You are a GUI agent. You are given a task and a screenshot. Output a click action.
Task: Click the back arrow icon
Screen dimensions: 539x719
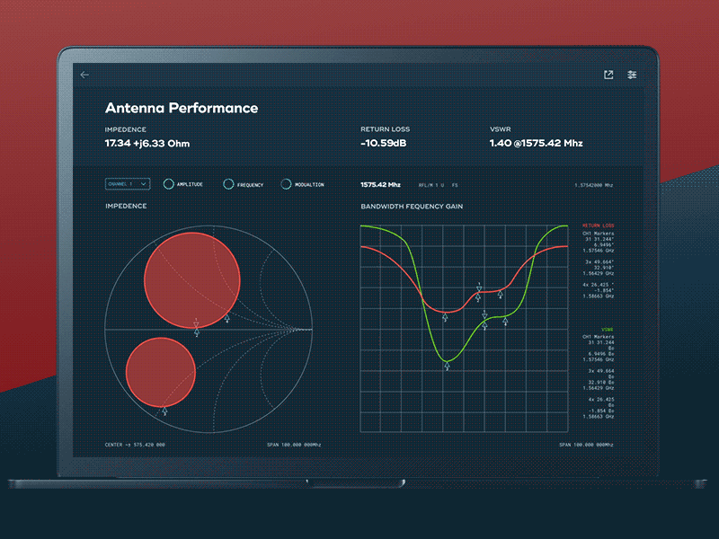pyautogui.click(x=84, y=75)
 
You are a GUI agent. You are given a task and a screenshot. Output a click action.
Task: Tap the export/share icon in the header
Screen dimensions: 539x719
pyautogui.click(x=608, y=75)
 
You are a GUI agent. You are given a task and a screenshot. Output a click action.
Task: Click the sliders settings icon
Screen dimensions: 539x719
pyautogui.click(x=632, y=75)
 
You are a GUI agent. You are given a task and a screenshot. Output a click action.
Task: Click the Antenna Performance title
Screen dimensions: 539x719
pyautogui.click(x=182, y=108)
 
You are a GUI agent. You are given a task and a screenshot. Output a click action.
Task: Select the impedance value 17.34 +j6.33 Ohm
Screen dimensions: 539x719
pyautogui.click(x=147, y=144)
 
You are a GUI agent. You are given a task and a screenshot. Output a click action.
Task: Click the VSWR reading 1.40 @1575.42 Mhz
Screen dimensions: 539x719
pyautogui.click(x=536, y=144)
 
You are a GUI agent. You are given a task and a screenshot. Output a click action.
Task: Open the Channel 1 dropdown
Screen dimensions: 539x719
pyautogui.click(x=128, y=184)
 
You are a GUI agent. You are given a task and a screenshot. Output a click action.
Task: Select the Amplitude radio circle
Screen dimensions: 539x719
pyautogui.click(x=168, y=184)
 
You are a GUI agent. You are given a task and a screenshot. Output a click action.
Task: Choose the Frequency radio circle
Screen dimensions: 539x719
pyautogui.click(x=228, y=184)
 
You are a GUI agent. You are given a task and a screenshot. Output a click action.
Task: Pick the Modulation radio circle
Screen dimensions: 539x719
pyautogui.click(x=286, y=184)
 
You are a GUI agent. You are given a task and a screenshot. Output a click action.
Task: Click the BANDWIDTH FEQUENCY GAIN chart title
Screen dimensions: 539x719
pyautogui.click(x=411, y=207)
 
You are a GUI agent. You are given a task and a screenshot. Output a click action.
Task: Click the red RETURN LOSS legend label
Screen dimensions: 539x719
pyautogui.click(x=598, y=225)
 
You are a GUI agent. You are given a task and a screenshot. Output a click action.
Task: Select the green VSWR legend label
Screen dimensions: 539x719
pyautogui.click(x=608, y=330)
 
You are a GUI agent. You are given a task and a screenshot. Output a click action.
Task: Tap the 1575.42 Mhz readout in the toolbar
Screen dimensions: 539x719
pyautogui.click(x=379, y=184)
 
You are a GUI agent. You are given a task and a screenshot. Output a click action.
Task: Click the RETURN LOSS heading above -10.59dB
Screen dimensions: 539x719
pyautogui.click(x=385, y=129)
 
